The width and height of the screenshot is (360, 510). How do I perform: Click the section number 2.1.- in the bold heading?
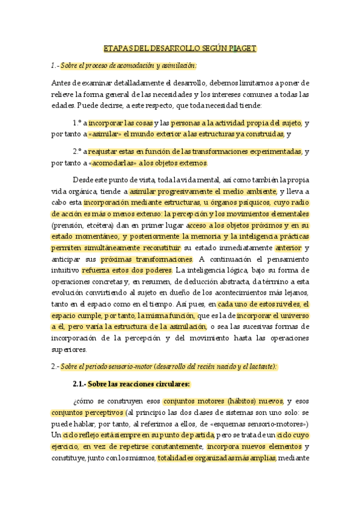[82, 383]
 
